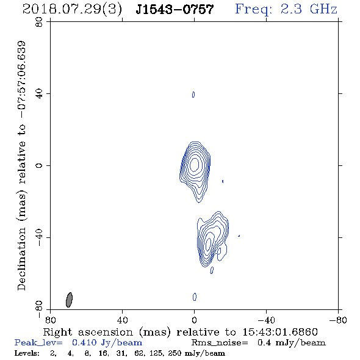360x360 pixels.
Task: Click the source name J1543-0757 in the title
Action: point(175,10)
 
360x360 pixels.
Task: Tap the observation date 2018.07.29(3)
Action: point(72,10)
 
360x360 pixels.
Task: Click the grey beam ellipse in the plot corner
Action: point(69,300)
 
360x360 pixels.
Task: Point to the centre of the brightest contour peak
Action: point(195,165)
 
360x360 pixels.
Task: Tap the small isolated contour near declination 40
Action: point(193,95)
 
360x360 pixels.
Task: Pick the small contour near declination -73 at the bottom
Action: point(195,297)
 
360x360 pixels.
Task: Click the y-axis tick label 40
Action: point(39,94)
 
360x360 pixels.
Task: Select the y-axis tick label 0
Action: point(39,165)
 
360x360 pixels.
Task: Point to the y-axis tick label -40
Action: point(39,237)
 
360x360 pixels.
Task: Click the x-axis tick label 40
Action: point(122,320)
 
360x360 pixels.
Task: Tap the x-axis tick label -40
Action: point(266,320)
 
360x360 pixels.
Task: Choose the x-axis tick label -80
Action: point(338,320)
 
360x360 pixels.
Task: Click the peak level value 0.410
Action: point(84,342)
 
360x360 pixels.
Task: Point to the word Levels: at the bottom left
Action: point(27,353)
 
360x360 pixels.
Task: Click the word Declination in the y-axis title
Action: point(21,259)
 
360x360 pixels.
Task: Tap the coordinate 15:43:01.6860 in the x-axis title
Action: point(280,332)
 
